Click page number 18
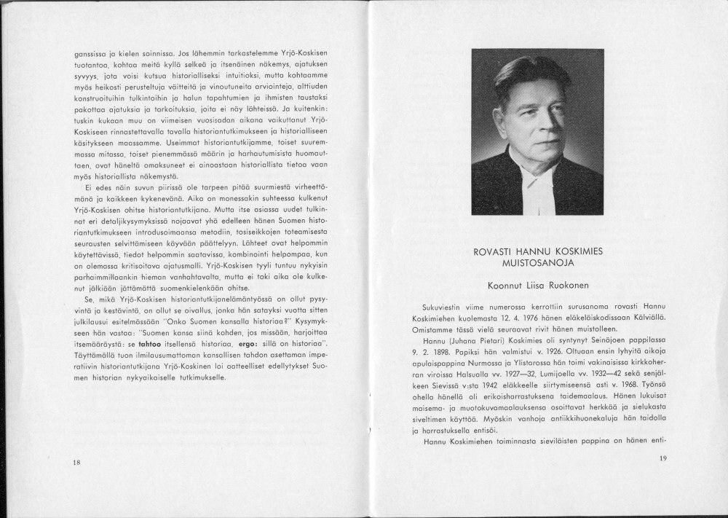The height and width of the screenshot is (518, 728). click(76, 463)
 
